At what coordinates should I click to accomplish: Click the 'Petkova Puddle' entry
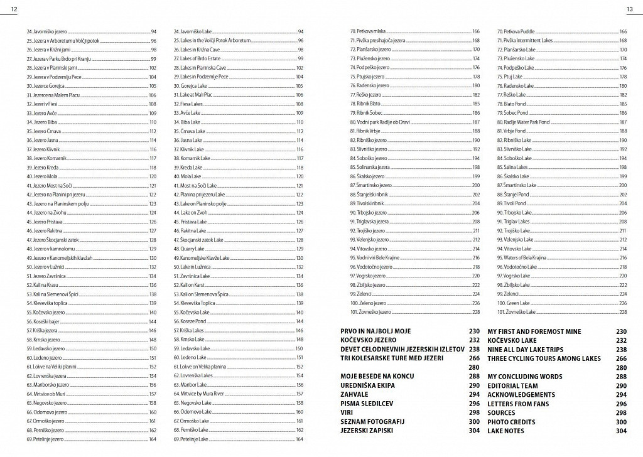tap(516, 31)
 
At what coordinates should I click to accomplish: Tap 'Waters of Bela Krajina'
tap(523, 258)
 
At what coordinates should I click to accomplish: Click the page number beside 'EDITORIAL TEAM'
tap(622, 385)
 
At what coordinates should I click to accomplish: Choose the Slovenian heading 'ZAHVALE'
tap(355, 394)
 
